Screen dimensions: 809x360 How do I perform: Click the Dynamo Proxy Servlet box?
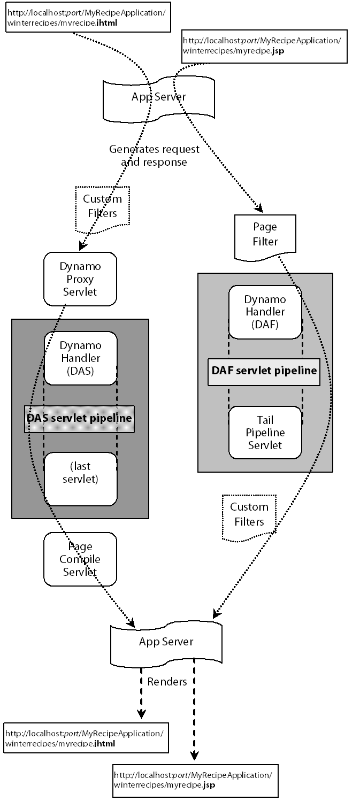pos(80,279)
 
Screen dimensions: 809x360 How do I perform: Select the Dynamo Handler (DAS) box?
pos(80,358)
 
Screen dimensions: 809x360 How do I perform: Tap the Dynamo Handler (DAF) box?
pos(265,312)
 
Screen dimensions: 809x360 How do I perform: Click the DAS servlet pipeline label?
pos(79,418)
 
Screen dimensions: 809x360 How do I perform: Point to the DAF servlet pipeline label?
pos(264,371)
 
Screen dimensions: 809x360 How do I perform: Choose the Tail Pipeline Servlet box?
pos(265,432)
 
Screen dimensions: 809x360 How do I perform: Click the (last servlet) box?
pos(80,479)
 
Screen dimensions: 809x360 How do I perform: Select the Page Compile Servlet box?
pos(80,559)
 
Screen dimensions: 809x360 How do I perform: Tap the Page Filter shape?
pos(265,234)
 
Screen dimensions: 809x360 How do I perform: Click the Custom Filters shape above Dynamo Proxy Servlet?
pos(102,206)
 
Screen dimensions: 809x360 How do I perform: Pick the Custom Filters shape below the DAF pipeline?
pos(249,514)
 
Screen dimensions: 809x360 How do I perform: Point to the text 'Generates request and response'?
pos(154,156)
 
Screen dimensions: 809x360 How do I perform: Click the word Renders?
pos(167,682)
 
